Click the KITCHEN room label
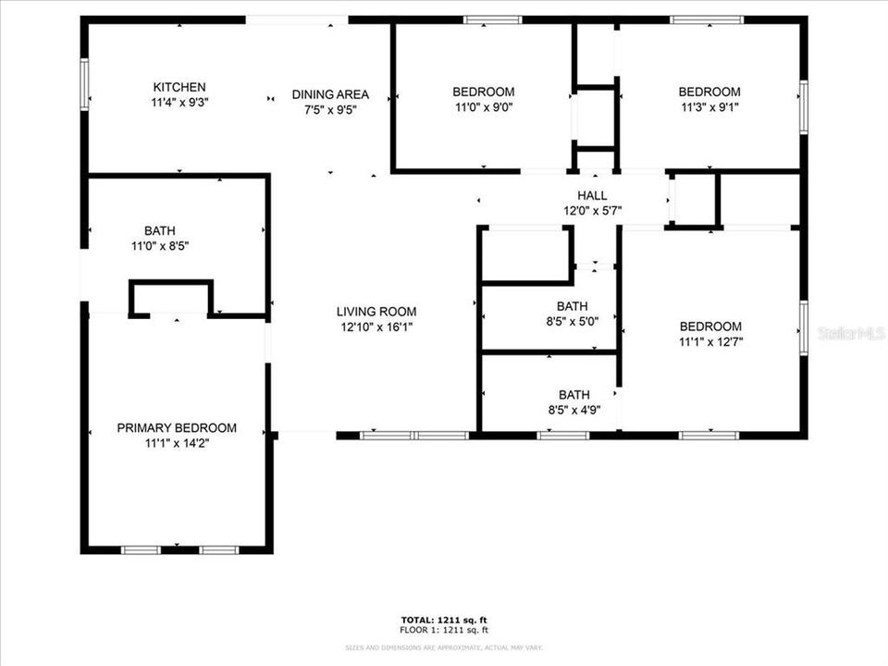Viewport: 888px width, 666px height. pos(180,87)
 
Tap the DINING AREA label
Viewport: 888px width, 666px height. pos(330,94)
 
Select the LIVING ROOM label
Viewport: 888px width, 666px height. pos(376,312)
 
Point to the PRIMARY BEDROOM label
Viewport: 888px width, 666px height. pos(176,428)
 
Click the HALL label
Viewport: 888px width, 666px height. pos(592,195)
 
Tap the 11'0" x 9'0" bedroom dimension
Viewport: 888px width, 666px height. pos(483,106)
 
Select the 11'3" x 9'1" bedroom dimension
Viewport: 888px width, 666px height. pos(709,106)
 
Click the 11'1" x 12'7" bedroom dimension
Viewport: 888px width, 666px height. pos(710,341)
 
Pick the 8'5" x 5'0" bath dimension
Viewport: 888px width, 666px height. pos(573,322)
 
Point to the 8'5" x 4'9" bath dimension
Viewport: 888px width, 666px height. pos(573,410)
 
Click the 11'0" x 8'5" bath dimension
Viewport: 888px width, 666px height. pos(159,246)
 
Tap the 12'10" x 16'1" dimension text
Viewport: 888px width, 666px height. pos(376,327)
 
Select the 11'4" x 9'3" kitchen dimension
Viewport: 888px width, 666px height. pos(180,102)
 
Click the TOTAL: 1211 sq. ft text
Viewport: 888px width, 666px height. pos(444,619)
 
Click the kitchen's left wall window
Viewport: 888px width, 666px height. pos(84,85)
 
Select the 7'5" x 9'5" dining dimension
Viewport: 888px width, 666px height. pos(330,109)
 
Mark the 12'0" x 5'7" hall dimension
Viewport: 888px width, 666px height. pos(592,210)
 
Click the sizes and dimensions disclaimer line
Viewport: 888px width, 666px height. pos(444,647)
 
